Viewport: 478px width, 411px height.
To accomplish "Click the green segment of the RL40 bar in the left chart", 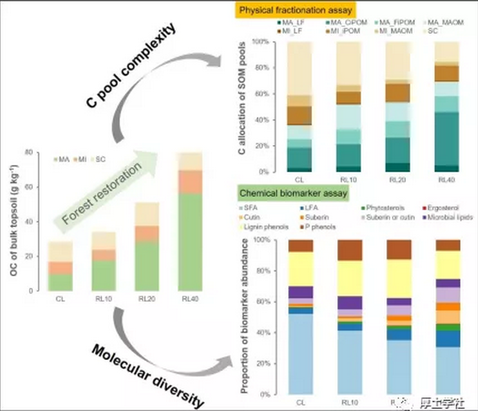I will [190, 241].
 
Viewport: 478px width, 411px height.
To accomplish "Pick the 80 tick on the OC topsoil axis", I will [31, 152].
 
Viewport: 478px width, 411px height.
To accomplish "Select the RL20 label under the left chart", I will [147, 299].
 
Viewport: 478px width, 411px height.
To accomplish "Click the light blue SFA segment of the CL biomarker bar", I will [301, 353].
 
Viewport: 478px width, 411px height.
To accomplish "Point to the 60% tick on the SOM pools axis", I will [262, 94].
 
